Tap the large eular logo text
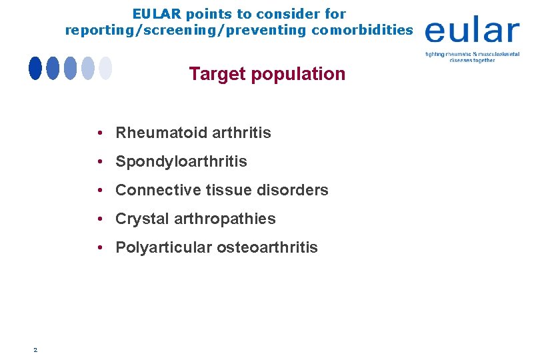coord(471,31)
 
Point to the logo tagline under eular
coord(472,56)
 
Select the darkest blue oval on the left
coord(35,68)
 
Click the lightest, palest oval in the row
coord(105,68)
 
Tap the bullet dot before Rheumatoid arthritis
coord(98,133)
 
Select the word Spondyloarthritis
coord(181,161)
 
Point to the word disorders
coord(297,190)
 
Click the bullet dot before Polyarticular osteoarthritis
coord(98,247)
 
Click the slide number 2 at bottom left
coord(35,349)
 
